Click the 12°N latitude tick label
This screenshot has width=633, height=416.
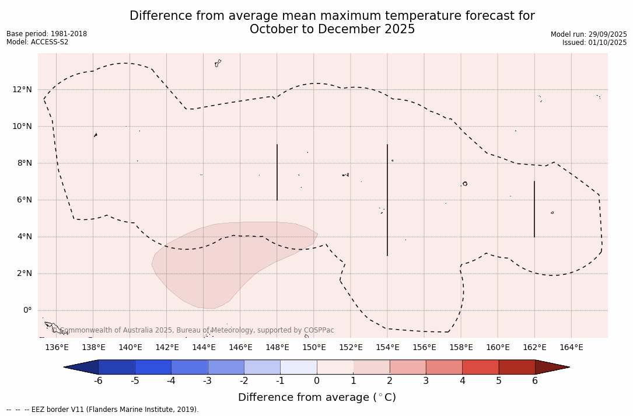[x=22, y=89]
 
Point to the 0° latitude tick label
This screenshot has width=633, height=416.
[x=27, y=310]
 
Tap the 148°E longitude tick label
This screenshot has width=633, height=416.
[x=277, y=348]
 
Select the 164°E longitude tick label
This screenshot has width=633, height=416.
[x=571, y=348]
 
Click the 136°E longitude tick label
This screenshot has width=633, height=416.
[x=57, y=348]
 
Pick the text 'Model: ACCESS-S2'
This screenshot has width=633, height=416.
[x=37, y=42]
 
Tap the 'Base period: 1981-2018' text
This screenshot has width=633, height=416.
[x=47, y=34]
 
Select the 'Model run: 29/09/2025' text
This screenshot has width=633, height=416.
[x=589, y=34]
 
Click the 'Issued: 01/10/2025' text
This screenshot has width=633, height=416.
[x=594, y=43]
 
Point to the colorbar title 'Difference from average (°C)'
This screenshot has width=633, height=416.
[x=317, y=398]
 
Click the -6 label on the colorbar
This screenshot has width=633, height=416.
[x=98, y=381]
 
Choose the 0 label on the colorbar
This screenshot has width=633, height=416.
[x=317, y=381]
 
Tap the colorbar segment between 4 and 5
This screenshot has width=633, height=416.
[x=480, y=367]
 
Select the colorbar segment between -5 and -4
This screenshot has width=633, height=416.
[x=153, y=367]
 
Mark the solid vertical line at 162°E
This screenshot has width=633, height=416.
[x=534, y=209]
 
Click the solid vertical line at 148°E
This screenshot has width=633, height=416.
[x=277, y=172]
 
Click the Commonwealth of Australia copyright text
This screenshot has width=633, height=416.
[x=193, y=330]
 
